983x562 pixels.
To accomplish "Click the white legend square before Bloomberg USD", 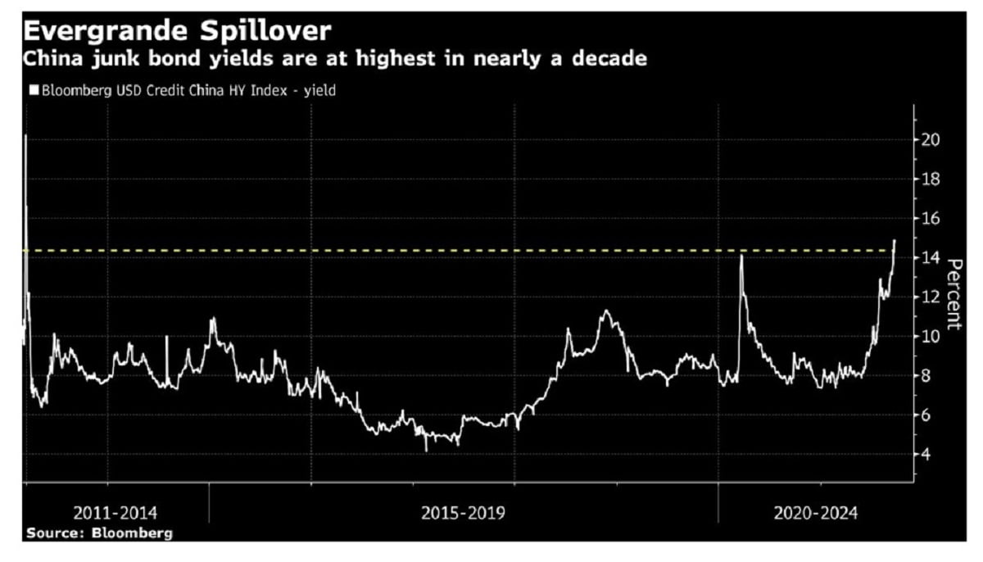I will click(x=33, y=91).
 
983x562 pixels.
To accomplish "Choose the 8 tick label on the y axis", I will click(x=927, y=376).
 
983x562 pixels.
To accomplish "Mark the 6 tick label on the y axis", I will click(x=927, y=415).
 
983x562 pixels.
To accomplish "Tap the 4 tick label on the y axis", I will click(x=927, y=455).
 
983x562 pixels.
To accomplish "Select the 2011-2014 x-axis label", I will click(x=116, y=514).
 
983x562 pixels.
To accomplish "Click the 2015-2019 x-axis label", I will click(x=463, y=514).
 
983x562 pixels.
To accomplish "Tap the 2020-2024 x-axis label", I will click(x=816, y=514).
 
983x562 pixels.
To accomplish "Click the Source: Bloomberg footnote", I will click(x=100, y=533).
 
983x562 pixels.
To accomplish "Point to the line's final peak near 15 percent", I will click(x=895, y=241).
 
